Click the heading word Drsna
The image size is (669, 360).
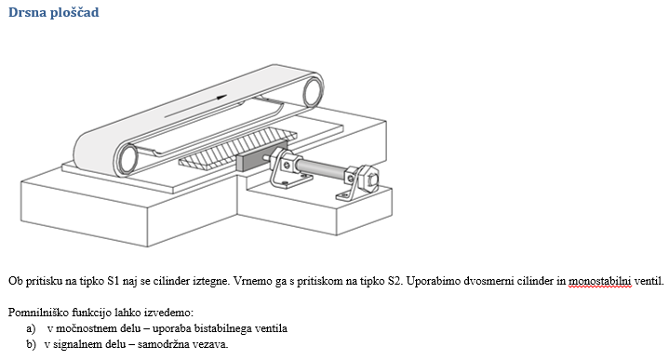pyautogui.click(x=27, y=12)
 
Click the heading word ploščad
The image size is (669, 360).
pyautogui.click(x=74, y=13)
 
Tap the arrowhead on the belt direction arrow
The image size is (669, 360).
pyautogui.click(x=221, y=97)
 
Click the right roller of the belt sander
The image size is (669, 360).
pyautogui.click(x=313, y=91)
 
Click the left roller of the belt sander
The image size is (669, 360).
pyautogui.click(x=127, y=159)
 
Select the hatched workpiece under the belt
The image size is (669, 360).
pyautogui.click(x=236, y=149)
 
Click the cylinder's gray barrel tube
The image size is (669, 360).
pyautogui.click(x=320, y=169)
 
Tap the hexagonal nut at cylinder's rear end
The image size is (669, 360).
pyautogui.click(x=369, y=177)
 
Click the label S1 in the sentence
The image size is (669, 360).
pyautogui.click(x=114, y=281)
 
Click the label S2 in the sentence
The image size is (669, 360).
pyautogui.click(x=394, y=281)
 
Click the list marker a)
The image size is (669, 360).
pyautogui.click(x=31, y=329)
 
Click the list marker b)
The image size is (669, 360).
pyautogui.click(x=31, y=344)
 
